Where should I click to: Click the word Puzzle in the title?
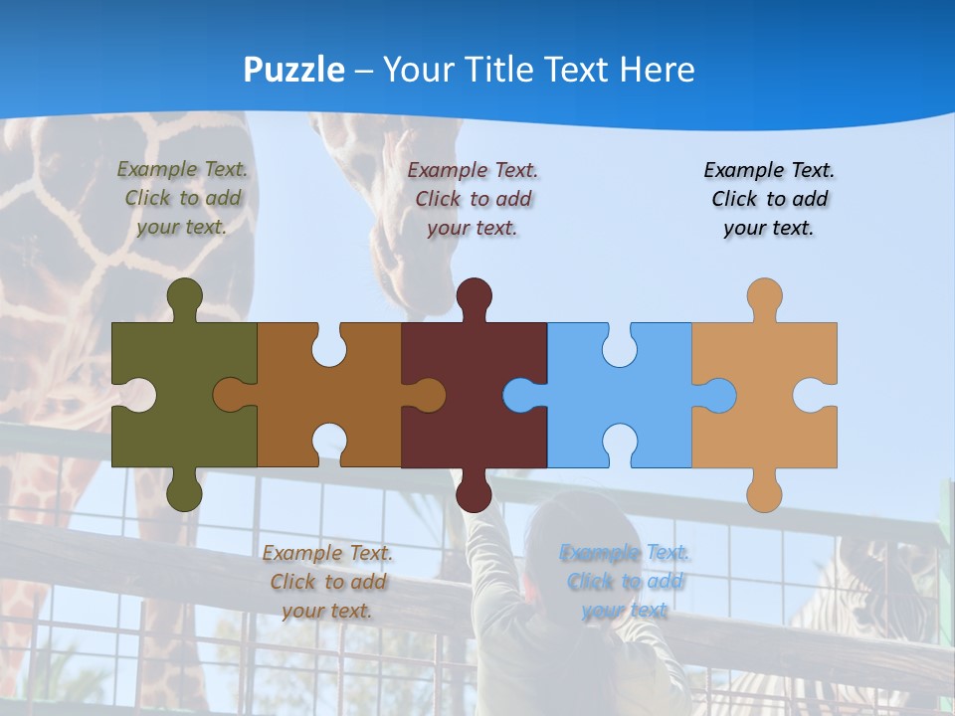tap(294, 70)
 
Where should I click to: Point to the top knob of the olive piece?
tap(185, 295)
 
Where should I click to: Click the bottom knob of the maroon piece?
tap(474, 493)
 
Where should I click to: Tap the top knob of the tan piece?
tap(764, 295)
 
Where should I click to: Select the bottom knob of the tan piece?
tap(764, 493)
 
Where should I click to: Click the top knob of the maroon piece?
tap(474, 295)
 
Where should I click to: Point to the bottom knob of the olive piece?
tap(185, 493)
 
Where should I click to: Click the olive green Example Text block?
tap(182, 198)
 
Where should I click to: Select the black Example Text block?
tap(769, 198)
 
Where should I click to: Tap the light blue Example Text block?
tap(625, 581)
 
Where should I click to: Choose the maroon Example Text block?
tap(473, 198)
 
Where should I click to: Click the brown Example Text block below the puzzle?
tap(327, 581)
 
